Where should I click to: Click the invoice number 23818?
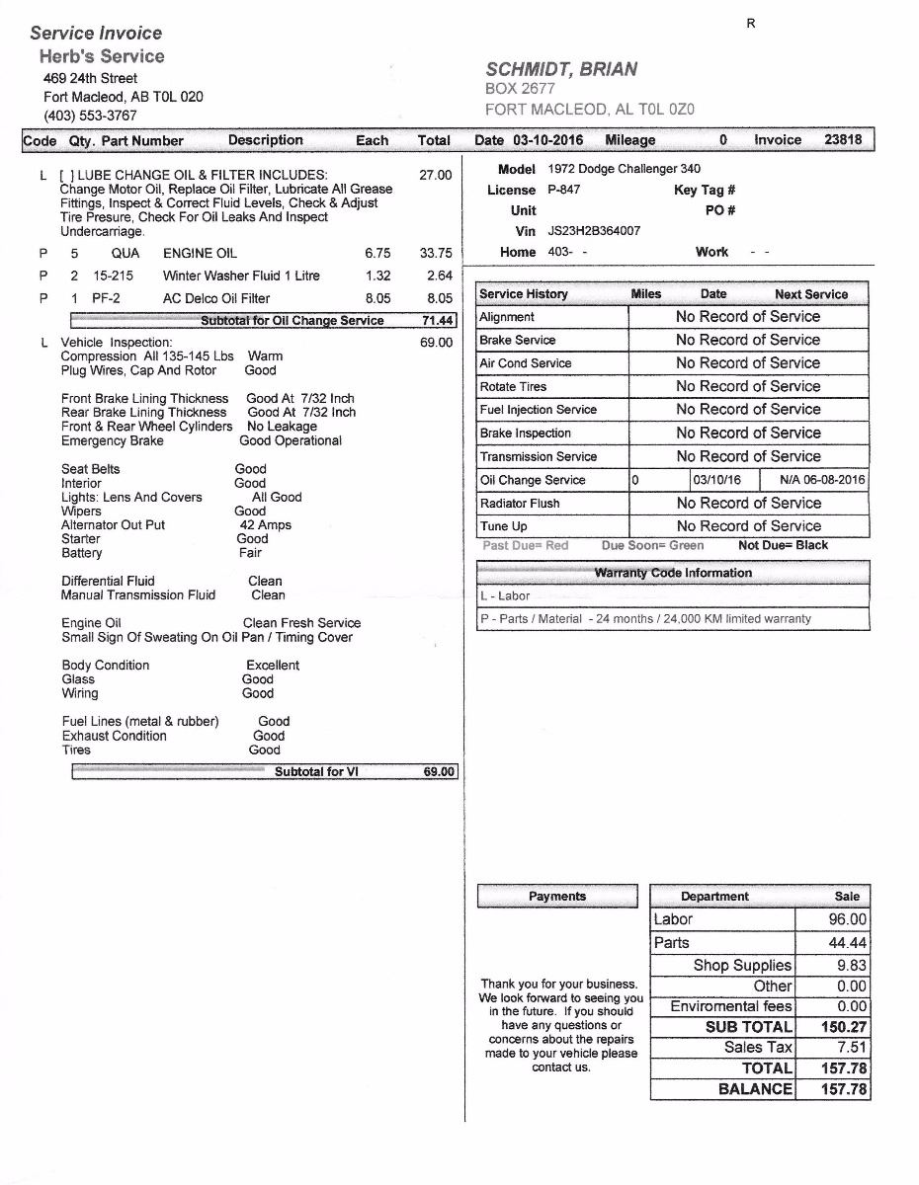(843, 140)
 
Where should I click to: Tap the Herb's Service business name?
(102, 56)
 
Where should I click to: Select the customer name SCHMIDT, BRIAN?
(561, 69)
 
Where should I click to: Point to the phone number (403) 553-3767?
(90, 116)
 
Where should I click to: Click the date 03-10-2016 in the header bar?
(547, 140)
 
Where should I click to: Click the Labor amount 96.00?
(847, 919)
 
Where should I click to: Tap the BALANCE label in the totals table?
(755, 1089)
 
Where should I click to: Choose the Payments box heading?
(557, 897)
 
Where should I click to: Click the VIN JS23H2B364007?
(594, 231)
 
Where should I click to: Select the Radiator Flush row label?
(520, 504)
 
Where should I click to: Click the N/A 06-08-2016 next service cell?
(822, 480)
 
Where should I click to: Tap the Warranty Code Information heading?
(673, 573)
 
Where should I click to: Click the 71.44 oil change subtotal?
(436, 321)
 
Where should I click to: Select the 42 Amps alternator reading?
(266, 525)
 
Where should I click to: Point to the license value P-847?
(564, 190)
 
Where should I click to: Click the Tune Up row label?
(504, 526)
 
